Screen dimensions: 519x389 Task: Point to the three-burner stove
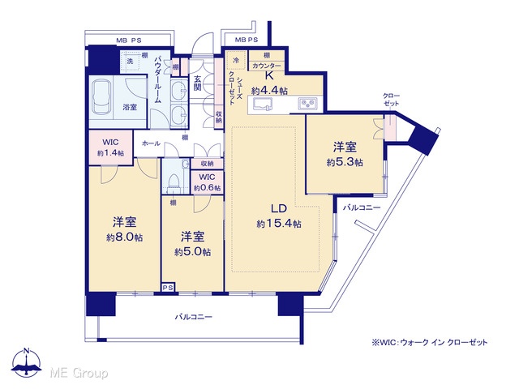pos(307,104)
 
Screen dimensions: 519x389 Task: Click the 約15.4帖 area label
pos(279,224)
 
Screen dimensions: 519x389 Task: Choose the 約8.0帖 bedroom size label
pos(124,237)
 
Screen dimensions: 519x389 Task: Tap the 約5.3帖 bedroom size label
pos(345,162)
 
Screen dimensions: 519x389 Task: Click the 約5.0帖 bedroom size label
pos(192,252)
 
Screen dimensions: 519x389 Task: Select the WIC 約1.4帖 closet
pos(110,147)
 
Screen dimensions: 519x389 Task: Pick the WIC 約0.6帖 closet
pos(207,182)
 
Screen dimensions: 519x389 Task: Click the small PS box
pos(168,288)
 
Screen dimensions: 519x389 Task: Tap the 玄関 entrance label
pos(198,83)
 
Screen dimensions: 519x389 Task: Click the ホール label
pos(151,143)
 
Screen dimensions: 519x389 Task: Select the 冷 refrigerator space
pos(236,60)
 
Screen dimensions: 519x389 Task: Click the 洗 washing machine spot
pos(130,61)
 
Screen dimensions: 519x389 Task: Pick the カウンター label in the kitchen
pos(267,66)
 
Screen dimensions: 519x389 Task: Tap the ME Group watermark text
pos(79,374)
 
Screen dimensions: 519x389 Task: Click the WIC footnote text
pos(430,343)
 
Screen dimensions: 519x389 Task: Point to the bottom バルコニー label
pos(193,317)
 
